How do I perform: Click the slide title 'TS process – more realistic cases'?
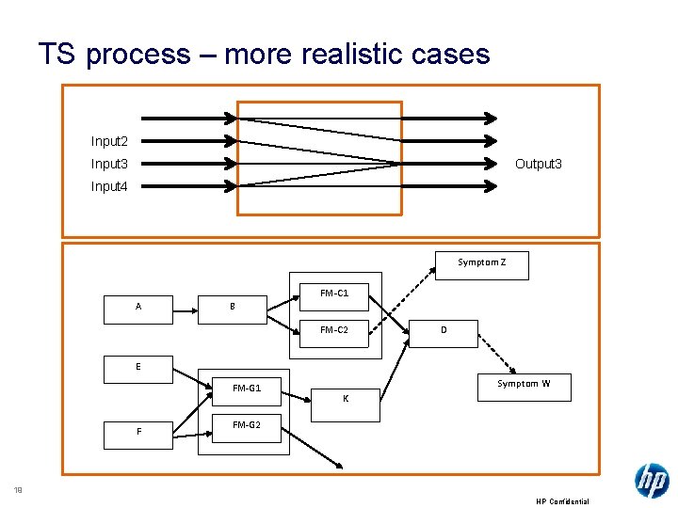point(264,54)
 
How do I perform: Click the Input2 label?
point(109,141)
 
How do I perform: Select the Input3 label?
point(109,164)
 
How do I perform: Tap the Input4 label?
point(109,186)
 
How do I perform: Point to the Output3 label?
point(539,164)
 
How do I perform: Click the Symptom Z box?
point(481,264)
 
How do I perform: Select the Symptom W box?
point(524,386)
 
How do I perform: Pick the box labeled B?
point(233,308)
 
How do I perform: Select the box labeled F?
point(138,432)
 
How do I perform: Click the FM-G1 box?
point(246,389)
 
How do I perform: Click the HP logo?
point(652,481)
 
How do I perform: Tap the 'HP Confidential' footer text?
point(562,501)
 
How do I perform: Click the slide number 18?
point(17,489)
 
